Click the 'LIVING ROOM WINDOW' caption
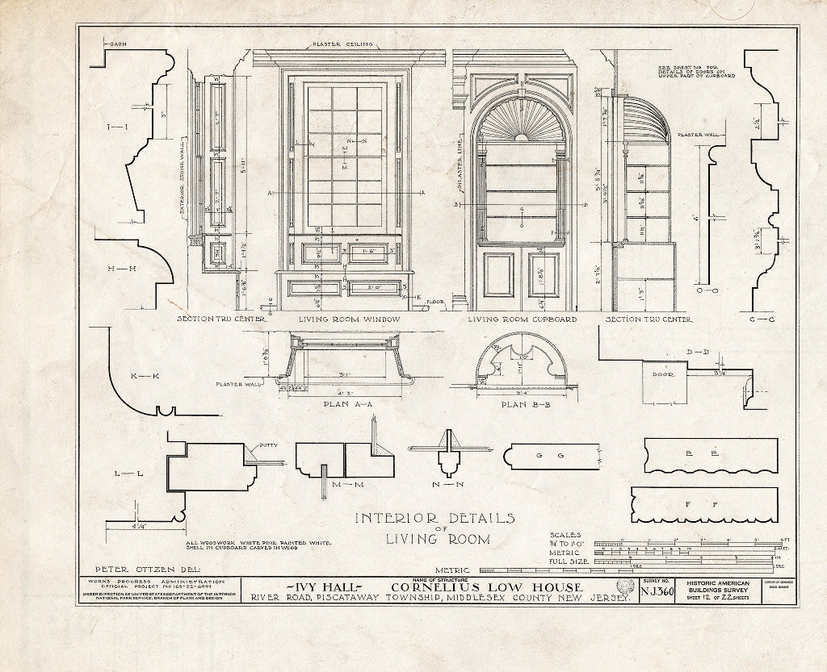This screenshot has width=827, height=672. [x=350, y=319]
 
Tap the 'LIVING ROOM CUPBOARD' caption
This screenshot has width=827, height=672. [x=523, y=319]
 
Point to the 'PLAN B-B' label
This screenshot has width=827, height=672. [x=524, y=404]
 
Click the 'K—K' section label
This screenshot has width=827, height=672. [x=142, y=377]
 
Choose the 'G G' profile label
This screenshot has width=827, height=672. [x=548, y=456]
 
